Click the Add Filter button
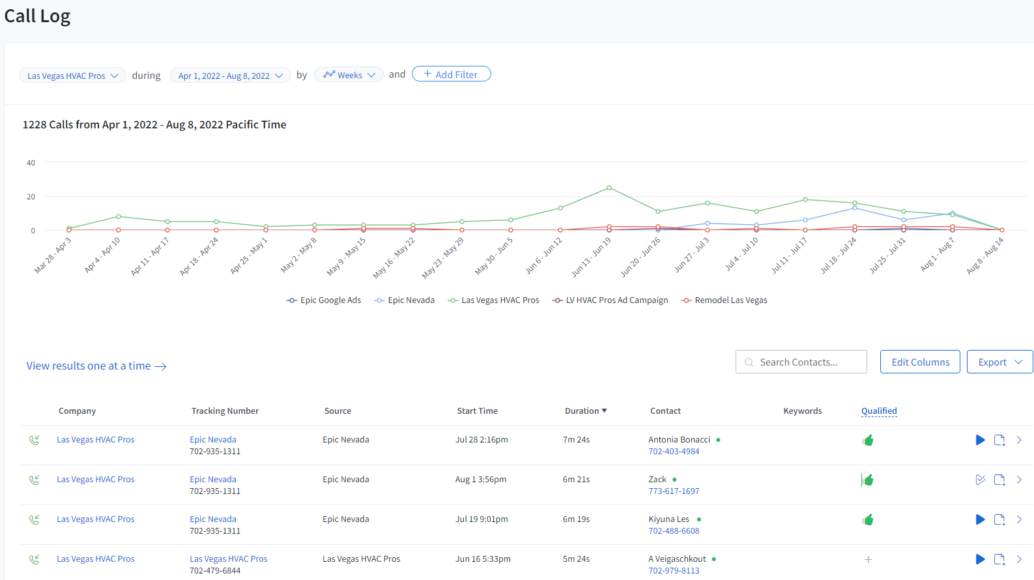(451, 74)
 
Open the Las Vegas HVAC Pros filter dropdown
(72, 76)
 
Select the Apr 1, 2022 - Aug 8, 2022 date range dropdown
(230, 76)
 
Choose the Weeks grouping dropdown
(349, 75)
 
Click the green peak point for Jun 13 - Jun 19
(609, 188)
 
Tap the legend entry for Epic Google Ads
(324, 300)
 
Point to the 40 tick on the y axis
(31, 163)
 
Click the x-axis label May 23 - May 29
(444, 257)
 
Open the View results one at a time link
(96, 366)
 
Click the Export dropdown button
(999, 362)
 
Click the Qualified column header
(879, 411)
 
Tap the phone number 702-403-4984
(674, 452)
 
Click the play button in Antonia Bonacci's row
(980, 441)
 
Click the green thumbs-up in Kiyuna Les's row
(868, 520)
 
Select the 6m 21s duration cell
(576, 480)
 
